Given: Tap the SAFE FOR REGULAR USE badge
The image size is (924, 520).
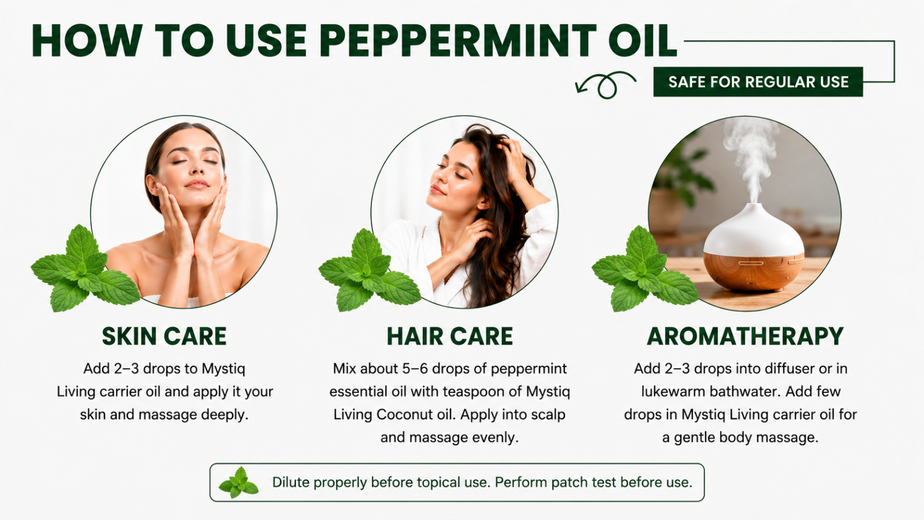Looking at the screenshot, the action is pos(758,81).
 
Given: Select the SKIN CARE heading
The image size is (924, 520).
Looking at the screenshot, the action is pos(164,336).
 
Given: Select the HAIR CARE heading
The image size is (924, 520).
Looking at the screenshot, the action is pos(450,336).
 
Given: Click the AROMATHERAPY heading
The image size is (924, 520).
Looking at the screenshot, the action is pos(745,336).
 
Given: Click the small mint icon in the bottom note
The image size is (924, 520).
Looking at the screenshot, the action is pos(239,482).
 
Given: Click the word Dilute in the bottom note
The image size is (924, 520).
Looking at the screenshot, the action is pos(291,482).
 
